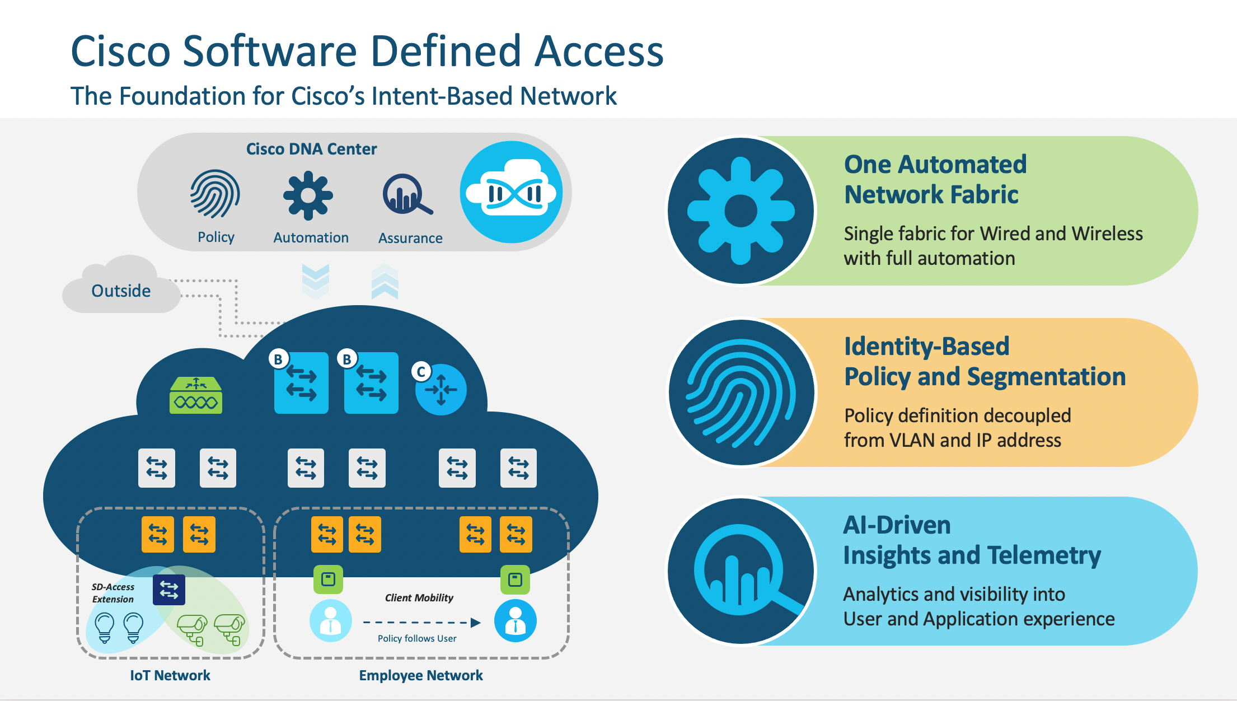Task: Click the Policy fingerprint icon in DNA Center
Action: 215,194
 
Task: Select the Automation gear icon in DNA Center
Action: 308,195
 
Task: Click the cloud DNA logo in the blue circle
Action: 511,192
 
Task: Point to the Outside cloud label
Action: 121,291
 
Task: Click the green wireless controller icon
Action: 196,395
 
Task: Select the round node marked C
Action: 441,390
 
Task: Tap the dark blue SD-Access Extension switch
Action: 169,590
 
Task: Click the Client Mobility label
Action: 419,597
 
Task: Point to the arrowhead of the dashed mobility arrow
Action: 476,623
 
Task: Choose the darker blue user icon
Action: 516,620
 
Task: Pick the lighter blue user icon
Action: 331,620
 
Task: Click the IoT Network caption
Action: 170,675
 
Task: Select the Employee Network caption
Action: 421,675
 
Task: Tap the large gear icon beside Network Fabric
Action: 741,211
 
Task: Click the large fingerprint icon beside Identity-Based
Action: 741,392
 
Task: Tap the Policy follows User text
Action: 417,638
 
